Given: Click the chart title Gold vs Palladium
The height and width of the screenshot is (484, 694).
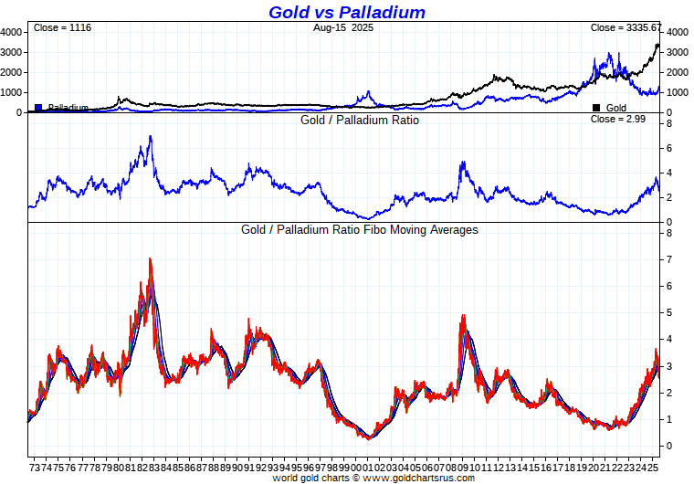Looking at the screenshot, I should [347, 12].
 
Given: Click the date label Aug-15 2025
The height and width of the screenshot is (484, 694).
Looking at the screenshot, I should [343, 27].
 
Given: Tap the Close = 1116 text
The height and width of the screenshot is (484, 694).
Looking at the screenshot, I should [62, 27].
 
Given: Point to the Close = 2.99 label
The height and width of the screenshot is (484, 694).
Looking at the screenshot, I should [618, 119].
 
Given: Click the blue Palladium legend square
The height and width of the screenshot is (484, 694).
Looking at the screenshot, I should [38, 108].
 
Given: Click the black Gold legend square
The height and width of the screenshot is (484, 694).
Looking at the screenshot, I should [596, 108].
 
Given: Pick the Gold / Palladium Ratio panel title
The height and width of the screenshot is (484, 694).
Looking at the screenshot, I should [360, 120].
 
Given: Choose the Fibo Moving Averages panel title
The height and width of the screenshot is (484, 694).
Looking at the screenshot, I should [360, 230].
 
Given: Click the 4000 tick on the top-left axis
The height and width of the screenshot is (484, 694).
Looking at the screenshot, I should [11, 32].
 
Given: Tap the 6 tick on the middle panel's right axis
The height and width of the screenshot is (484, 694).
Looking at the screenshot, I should [669, 148].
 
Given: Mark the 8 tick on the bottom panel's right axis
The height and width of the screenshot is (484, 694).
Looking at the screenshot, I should [669, 234].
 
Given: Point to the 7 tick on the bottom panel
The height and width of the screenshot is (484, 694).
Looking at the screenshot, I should [669, 260].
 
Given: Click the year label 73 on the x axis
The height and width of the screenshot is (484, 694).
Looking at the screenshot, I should [35, 466].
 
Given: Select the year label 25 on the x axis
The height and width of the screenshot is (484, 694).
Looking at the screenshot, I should [655, 466].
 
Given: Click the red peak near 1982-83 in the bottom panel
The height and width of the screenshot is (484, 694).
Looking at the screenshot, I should [150, 260].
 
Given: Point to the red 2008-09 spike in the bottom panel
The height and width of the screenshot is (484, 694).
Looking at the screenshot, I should [464, 317].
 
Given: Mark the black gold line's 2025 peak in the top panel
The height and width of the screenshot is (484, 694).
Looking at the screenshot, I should [657, 44].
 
